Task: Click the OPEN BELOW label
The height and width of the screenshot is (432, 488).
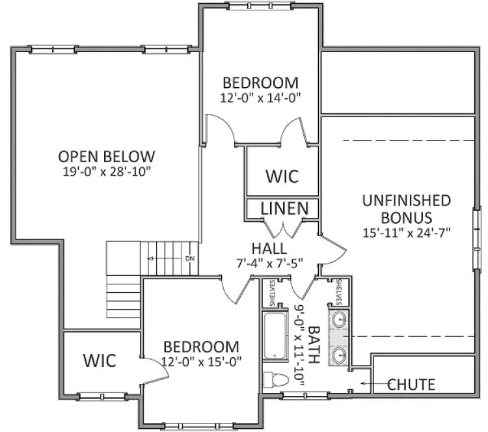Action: tap(107, 157)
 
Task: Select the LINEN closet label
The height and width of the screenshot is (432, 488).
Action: tap(284, 209)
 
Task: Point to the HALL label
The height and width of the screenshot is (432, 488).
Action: tap(269, 249)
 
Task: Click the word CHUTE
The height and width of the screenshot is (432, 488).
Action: tap(411, 385)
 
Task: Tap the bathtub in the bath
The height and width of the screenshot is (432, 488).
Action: tap(276, 335)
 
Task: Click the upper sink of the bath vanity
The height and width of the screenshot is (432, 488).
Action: tap(340, 320)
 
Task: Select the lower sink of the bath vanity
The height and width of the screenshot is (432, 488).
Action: tap(340, 355)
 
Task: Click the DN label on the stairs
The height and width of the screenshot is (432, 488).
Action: tap(189, 259)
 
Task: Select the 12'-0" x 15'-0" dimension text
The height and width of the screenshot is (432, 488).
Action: tap(201, 361)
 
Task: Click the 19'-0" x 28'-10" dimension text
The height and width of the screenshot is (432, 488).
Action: tap(107, 172)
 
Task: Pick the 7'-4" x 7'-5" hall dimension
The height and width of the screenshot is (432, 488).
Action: tap(269, 263)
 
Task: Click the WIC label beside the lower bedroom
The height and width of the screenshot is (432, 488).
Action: tap(99, 360)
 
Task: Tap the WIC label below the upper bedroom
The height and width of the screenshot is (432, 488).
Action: tap(281, 176)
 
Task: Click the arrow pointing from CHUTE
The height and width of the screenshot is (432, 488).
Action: tap(368, 385)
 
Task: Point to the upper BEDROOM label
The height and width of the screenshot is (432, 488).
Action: tap(260, 83)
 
